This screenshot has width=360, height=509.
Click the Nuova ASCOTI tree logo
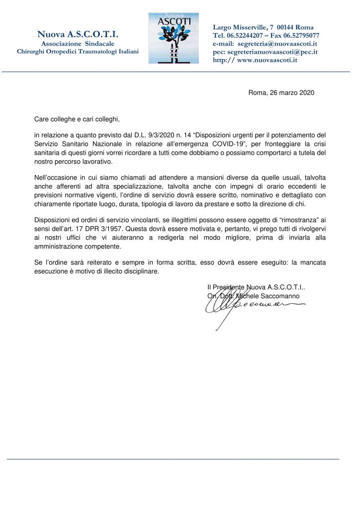click(173, 38)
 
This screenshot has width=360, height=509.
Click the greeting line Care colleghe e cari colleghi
click(77, 119)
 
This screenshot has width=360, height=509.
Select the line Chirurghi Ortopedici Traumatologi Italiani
click(78, 52)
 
